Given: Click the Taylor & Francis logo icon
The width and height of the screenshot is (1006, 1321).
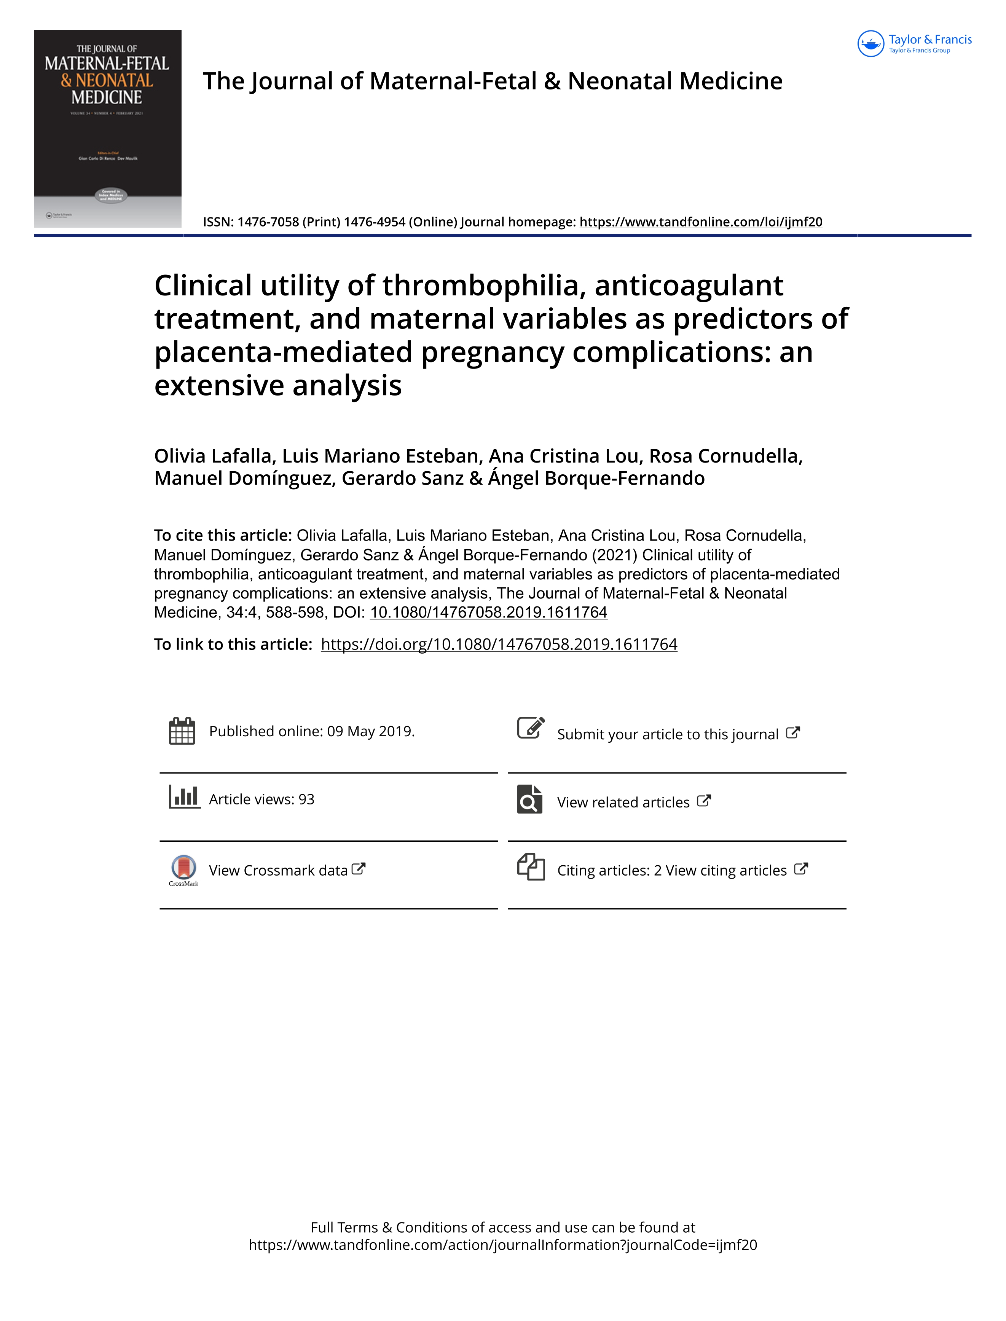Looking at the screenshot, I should coord(870,44).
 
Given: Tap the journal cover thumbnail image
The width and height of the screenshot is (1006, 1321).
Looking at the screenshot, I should coord(108,128).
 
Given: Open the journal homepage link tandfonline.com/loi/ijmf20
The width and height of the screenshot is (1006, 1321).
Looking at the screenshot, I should coord(701,222).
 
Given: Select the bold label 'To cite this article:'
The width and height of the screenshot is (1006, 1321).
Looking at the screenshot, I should coord(223,535).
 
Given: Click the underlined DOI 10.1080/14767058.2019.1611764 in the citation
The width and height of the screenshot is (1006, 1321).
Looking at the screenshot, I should coord(488,613).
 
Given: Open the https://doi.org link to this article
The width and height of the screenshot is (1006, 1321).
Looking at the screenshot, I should coord(499,645).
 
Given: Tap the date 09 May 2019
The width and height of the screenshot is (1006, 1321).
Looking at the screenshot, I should coord(370,731).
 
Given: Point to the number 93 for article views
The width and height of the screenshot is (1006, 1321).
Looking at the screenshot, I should coord(306,799).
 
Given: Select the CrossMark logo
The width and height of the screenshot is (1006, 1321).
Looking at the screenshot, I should coord(183,869).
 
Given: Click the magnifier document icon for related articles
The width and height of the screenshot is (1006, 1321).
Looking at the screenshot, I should coord(529,799).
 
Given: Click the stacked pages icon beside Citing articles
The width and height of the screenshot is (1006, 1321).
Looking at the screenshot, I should coord(531,866).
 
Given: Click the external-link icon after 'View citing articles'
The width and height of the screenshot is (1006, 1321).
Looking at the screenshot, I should coord(800,869).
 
